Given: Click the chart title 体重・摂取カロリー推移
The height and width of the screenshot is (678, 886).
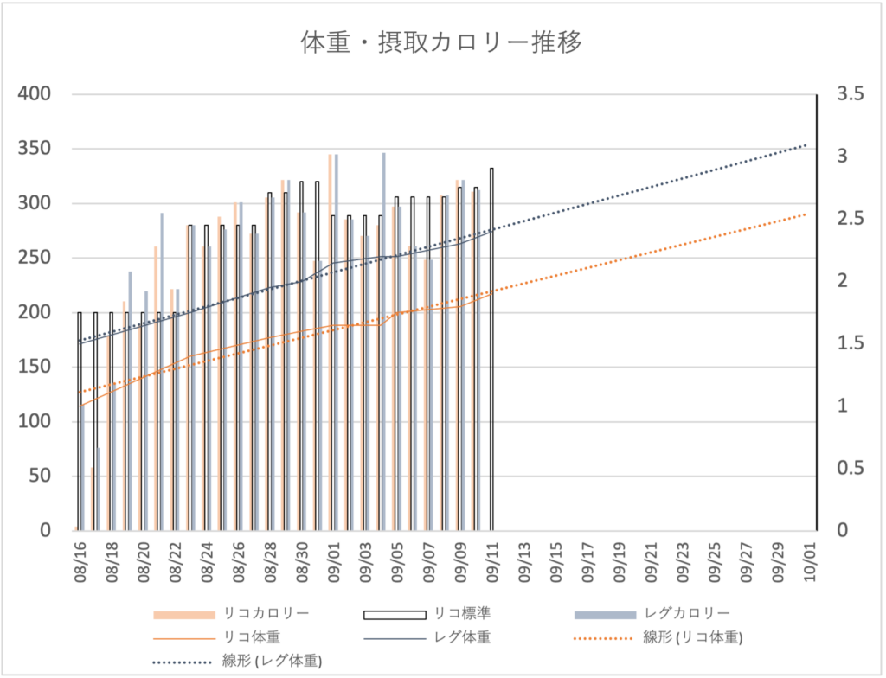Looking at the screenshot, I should pos(441,42).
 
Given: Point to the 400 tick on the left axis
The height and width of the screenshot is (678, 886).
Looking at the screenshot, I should pos(37,94).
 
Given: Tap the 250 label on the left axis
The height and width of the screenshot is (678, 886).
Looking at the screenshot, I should pos(37,258).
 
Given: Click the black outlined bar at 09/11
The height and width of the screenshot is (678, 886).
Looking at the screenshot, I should pos(491,346).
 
